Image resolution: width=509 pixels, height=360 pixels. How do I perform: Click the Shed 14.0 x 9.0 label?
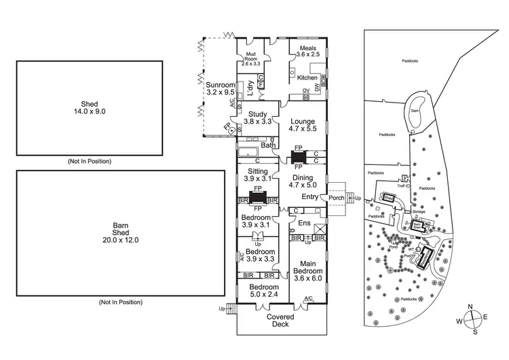[x=89, y=108]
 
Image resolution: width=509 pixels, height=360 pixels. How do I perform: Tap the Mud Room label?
[x=251, y=58]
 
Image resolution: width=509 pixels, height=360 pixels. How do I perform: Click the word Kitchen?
[x=307, y=78]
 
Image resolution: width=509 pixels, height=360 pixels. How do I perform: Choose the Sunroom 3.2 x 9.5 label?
[x=220, y=88]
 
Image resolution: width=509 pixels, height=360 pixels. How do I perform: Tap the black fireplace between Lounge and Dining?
[x=298, y=155]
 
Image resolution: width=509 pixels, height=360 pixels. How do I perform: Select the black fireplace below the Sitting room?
[x=257, y=198]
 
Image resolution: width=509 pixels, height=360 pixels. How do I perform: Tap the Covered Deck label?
[x=280, y=321]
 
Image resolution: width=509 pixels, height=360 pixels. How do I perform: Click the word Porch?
[x=337, y=198]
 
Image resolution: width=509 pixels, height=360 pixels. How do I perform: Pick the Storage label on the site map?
[x=419, y=212]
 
